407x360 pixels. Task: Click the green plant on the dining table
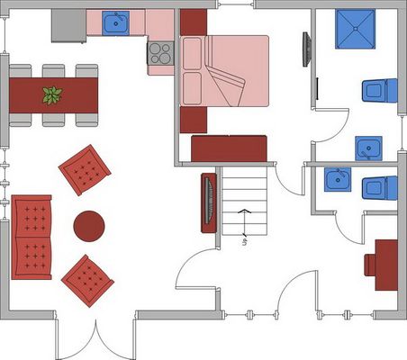point(52,95)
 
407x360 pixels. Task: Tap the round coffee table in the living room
point(89,226)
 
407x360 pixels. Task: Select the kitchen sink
point(115,23)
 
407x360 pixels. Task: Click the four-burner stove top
point(160,53)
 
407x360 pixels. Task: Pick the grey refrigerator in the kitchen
point(68,26)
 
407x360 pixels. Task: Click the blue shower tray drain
point(356,29)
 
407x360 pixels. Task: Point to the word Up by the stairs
point(245,242)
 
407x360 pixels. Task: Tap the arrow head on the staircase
point(245,211)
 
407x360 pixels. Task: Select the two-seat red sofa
point(32,238)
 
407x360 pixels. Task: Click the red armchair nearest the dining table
point(85,170)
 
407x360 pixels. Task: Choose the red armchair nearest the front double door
point(87,281)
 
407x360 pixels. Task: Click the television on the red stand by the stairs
point(209,201)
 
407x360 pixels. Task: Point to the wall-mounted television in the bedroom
point(307,49)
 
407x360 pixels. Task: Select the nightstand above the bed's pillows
point(194,22)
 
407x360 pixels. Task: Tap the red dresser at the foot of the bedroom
point(229,148)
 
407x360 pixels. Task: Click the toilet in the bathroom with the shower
point(380,91)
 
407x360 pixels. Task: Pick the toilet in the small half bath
point(380,188)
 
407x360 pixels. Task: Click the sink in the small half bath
point(338,180)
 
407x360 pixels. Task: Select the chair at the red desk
point(370,265)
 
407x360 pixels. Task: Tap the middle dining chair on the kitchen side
point(53,71)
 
